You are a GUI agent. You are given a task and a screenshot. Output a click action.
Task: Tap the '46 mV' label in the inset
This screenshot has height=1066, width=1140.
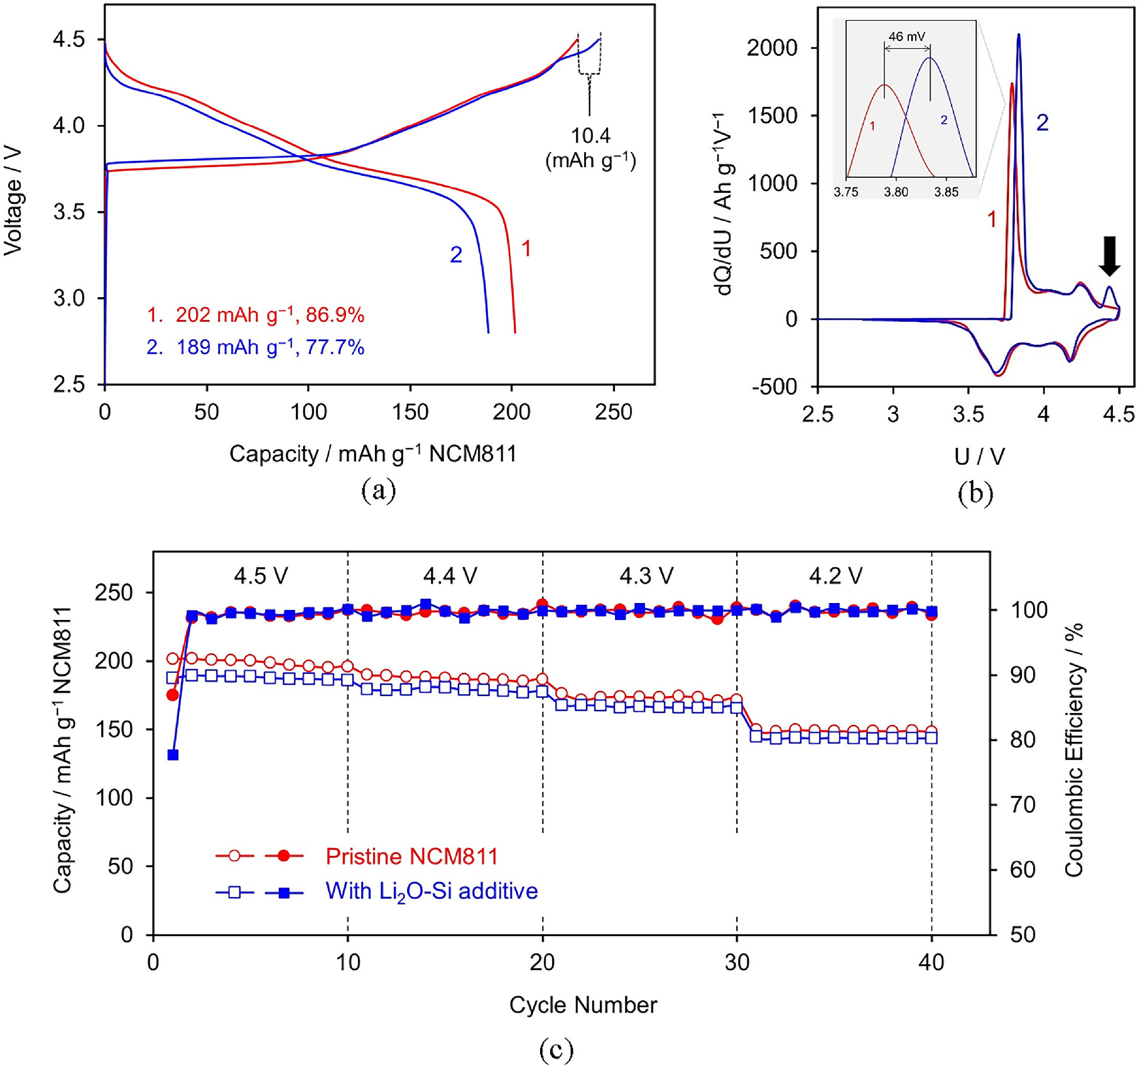pyautogui.click(x=906, y=36)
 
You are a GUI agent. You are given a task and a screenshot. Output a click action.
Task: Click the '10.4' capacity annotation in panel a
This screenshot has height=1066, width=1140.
pyautogui.click(x=590, y=136)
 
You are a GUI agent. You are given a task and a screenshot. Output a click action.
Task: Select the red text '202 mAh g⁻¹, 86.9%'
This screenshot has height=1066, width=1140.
pyautogui.click(x=269, y=315)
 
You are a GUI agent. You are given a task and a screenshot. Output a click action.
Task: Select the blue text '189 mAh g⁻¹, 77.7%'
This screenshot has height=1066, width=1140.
pyautogui.click(x=270, y=347)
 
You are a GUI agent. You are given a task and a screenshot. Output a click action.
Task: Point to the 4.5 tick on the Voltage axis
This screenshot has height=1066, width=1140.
pyautogui.click(x=68, y=40)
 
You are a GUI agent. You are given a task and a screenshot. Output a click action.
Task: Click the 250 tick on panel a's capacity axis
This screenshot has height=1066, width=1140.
pyautogui.click(x=613, y=413)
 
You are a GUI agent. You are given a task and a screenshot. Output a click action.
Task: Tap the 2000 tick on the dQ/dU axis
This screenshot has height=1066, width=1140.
pyautogui.click(x=772, y=48)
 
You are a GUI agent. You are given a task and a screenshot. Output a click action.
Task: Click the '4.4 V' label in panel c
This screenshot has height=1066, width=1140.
pyautogui.click(x=450, y=575)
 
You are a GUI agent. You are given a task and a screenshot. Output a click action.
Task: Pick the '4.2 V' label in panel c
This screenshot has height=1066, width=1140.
pyautogui.click(x=835, y=575)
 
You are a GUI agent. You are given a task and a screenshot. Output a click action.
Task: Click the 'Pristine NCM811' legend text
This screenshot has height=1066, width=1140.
pyautogui.click(x=411, y=856)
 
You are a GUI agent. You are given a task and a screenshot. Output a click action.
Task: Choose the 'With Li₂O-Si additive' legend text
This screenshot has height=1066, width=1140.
pyautogui.click(x=432, y=891)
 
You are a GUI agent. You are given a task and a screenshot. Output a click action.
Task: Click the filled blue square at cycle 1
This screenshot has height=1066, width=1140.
pyautogui.click(x=173, y=754)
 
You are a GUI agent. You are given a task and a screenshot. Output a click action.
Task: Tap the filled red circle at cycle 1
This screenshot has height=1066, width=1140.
pyautogui.click(x=173, y=695)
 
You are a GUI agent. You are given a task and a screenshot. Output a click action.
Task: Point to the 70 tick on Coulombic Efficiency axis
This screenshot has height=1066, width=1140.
pyautogui.click(x=1023, y=805)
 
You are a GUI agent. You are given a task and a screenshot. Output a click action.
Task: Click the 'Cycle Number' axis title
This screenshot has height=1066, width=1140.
pyautogui.click(x=582, y=1005)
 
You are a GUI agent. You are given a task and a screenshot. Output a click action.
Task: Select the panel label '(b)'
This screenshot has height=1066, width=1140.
pyautogui.click(x=975, y=494)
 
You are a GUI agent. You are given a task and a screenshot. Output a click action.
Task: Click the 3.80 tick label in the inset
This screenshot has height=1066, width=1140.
pyautogui.click(x=896, y=192)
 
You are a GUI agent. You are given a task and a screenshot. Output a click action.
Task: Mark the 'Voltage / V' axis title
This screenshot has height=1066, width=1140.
pyautogui.click(x=13, y=201)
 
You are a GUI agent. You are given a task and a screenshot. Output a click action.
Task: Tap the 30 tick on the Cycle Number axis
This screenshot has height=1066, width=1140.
pyautogui.click(x=737, y=962)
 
